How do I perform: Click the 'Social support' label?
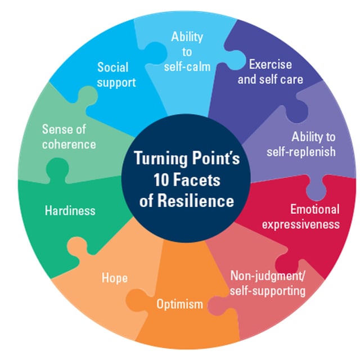[x=116, y=75]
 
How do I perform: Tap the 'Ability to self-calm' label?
[x=187, y=52]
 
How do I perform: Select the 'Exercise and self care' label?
[x=270, y=71]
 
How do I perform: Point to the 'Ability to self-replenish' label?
[x=305, y=143]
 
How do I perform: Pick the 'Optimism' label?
[x=179, y=304]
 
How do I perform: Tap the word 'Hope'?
[x=114, y=278]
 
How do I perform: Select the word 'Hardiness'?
[x=70, y=211]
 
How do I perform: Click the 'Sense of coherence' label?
[x=69, y=137]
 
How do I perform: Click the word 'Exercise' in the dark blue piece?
[x=270, y=64]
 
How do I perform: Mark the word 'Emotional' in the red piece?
[x=314, y=210]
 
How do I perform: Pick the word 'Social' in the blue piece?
[x=112, y=67]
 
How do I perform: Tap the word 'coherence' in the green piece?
[x=69, y=144]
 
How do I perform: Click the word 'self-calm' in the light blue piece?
[x=187, y=66]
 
